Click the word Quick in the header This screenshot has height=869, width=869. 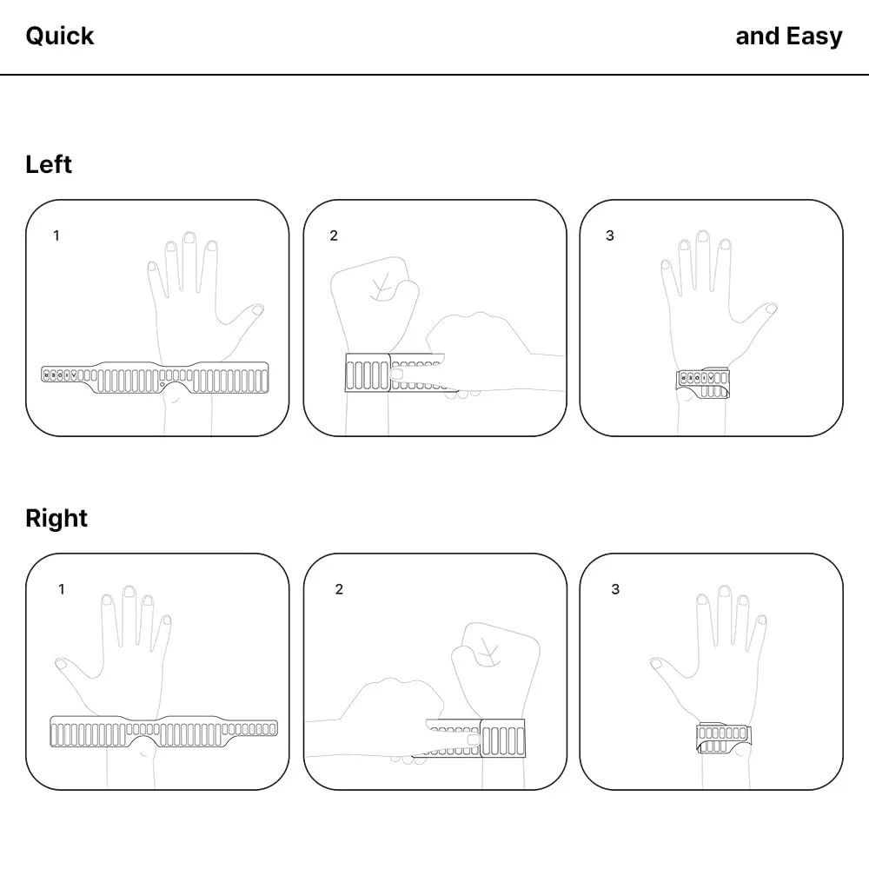pos(60,36)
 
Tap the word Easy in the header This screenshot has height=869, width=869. pos(814,36)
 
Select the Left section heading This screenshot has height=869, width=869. pos(49,164)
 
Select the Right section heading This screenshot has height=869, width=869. pos(56,519)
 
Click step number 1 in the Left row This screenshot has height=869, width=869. pos(56,235)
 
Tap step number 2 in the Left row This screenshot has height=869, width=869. pos(334,235)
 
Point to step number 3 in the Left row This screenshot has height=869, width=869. pos(610,235)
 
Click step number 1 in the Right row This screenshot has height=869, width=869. pos(62,589)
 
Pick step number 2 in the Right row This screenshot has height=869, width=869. pos(339,589)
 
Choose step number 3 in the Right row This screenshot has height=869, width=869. pos(615,589)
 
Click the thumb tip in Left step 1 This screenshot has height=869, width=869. pos(258,309)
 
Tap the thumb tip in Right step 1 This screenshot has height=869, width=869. pos(61,663)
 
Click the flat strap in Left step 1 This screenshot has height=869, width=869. pos(156,377)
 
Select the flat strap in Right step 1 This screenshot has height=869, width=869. pos(163,732)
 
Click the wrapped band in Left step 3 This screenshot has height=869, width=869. pos(702,382)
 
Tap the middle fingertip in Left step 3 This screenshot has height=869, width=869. pos(703,236)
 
